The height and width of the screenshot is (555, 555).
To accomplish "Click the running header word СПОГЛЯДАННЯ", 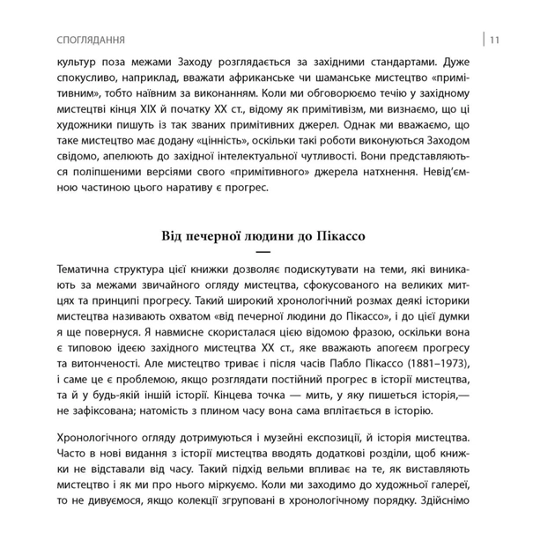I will pos(89,40).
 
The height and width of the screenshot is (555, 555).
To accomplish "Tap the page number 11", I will pos(495,40).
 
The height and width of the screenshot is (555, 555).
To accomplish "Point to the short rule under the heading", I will pos(263,252).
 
